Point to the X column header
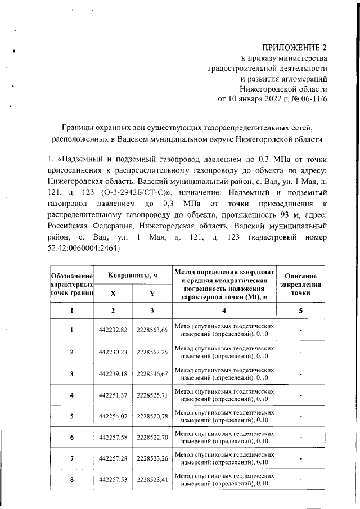point(113,293)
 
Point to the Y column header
point(152,293)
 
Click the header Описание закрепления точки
point(301,285)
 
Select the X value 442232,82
point(113,330)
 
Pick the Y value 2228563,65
point(152,330)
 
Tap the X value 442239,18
point(113,373)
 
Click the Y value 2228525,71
point(152,395)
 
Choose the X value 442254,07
point(113,416)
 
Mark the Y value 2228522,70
point(152,437)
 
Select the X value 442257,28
point(113,458)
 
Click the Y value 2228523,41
point(152,480)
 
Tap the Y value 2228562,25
point(152,352)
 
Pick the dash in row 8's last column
point(301,480)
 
